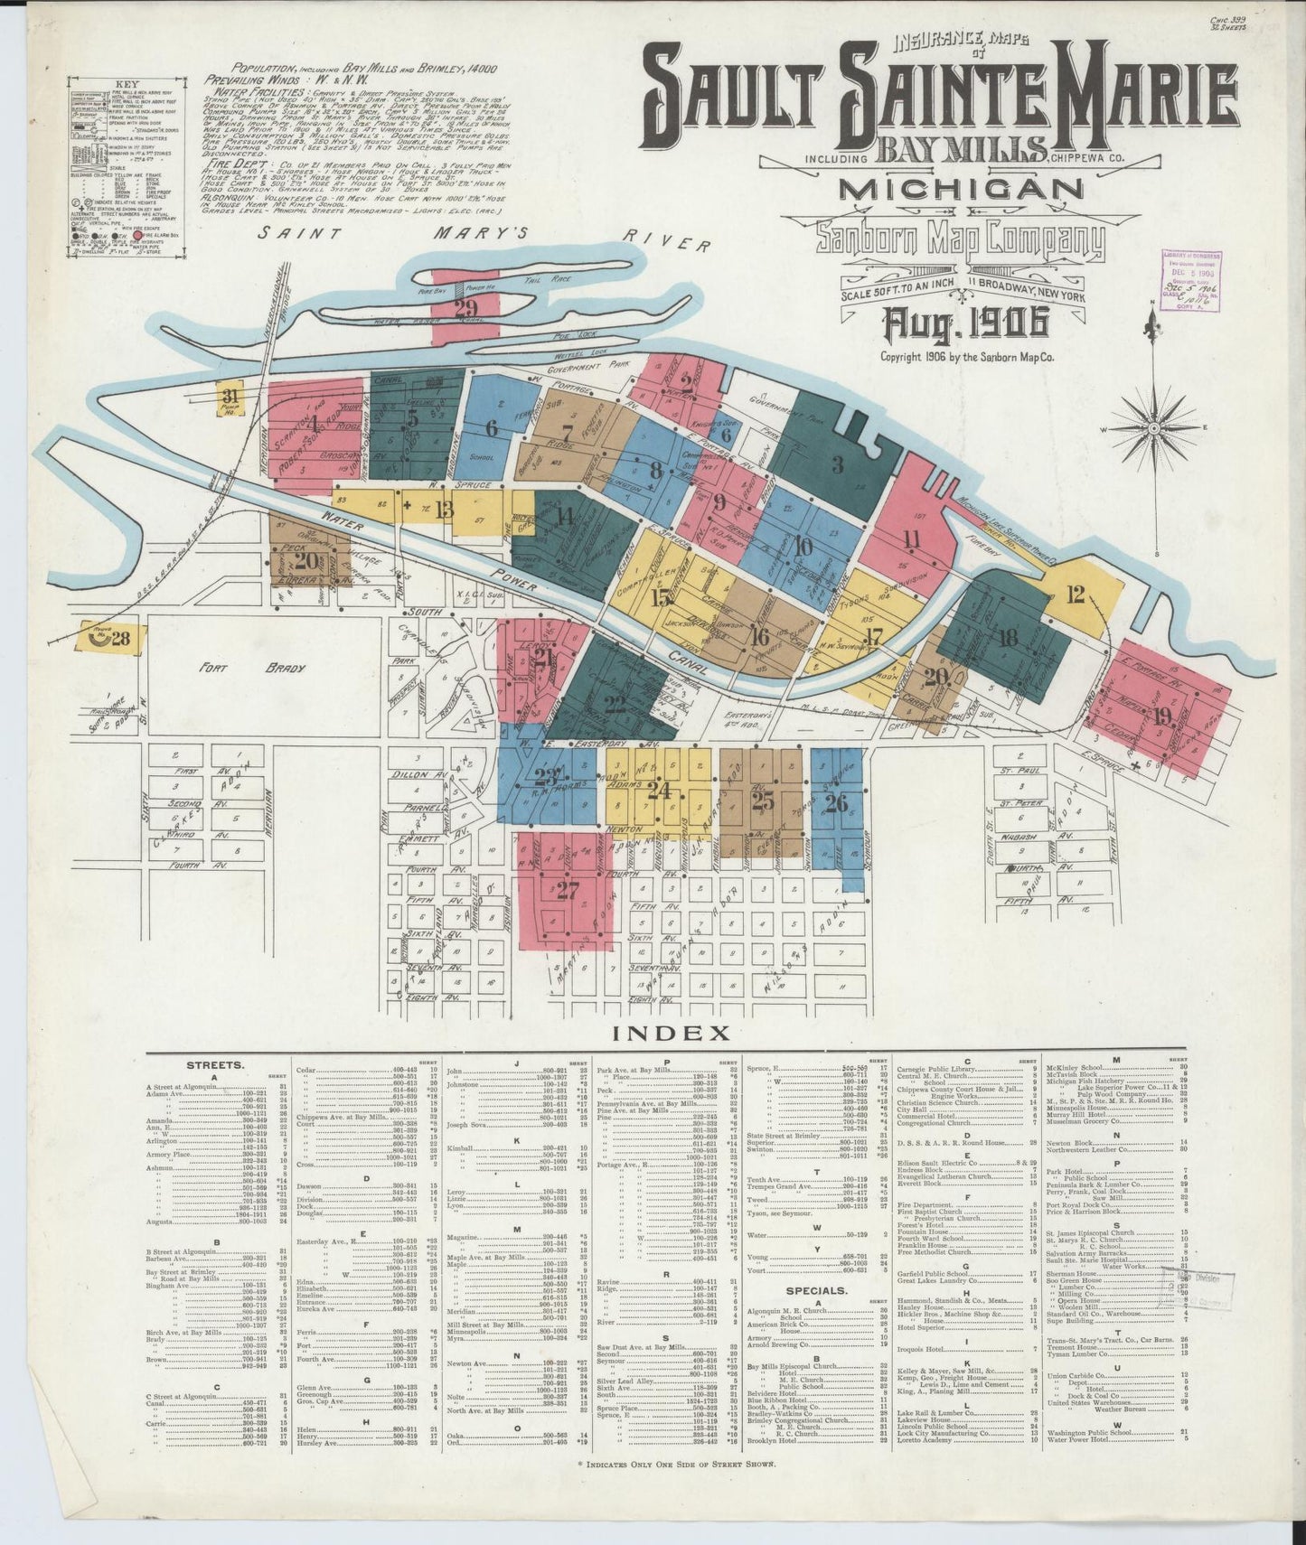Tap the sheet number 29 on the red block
pos(465,309)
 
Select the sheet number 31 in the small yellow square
pos(232,395)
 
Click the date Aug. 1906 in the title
pos(964,320)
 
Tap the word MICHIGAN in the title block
pos(962,189)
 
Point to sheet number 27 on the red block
pos(567,891)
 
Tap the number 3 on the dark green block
pos(837,464)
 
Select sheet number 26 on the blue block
pos(836,802)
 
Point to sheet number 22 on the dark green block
pos(615,705)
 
